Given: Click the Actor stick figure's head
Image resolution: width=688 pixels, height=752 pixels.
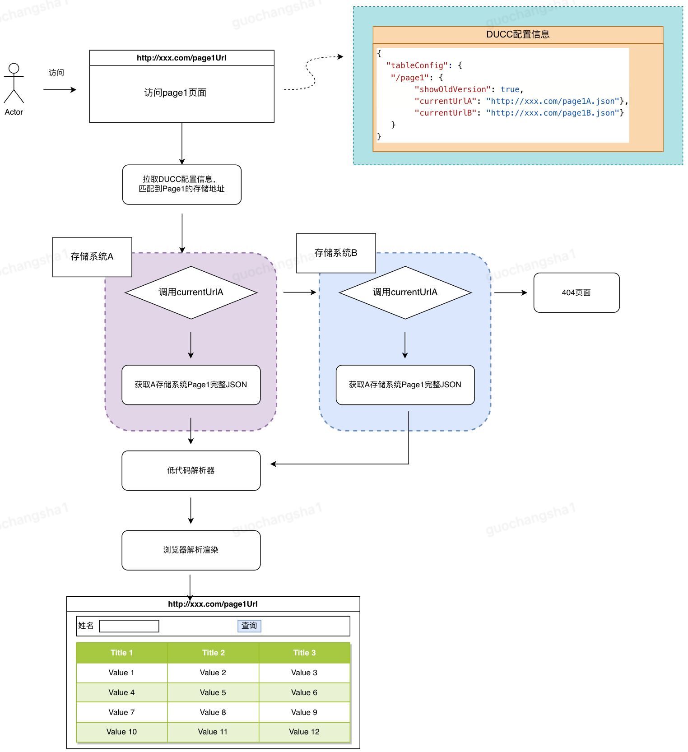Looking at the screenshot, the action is [x=14, y=68].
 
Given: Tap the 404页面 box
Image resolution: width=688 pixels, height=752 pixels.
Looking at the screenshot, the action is [x=576, y=292].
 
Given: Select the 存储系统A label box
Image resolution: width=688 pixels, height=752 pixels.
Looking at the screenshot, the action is [x=92, y=257].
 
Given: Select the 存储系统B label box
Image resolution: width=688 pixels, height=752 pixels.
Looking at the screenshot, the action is [x=336, y=253].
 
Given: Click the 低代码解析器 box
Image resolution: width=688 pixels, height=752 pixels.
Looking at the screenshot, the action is [x=191, y=470].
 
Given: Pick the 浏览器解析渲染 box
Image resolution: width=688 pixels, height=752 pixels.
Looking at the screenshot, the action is [x=191, y=550].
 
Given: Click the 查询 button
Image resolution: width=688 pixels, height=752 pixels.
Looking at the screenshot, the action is [x=249, y=626].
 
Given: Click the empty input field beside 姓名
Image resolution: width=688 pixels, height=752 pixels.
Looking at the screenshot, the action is [x=129, y=626].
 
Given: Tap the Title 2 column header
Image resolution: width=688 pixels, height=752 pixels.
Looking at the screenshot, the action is [x=213, y=653].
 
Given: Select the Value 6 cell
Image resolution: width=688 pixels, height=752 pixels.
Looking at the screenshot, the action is [x=304, y=692].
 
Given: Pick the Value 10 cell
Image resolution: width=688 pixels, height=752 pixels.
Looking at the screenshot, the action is [x=121, y=732].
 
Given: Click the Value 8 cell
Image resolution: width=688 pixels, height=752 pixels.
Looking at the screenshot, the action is [x=213, y=712].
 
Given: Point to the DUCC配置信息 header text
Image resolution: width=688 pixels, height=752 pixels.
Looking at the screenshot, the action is [x=518, y=34].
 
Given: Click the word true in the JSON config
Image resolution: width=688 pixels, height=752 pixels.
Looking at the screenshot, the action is [x=510, y=89].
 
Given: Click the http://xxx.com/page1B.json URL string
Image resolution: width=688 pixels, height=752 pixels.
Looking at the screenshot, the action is [x=553, y=113].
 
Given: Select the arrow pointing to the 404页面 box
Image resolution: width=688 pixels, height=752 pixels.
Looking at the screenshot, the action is [x=511, y=292].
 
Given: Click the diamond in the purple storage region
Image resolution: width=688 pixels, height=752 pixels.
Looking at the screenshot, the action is [x=191, y=292].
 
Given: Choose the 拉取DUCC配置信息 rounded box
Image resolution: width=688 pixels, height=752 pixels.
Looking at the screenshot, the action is [x=182, y=185].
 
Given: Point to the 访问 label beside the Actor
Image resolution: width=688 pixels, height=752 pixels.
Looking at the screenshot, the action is [x=56, y=73].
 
